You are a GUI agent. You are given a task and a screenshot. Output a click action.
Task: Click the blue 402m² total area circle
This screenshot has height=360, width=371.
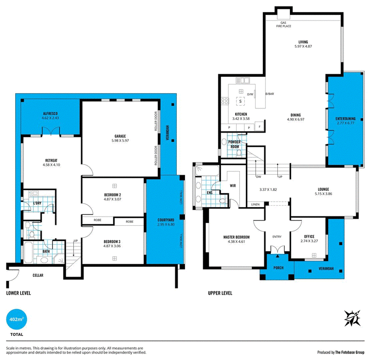click(17, 319)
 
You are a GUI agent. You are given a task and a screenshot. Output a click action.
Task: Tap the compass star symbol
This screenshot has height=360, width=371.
click(352, 318)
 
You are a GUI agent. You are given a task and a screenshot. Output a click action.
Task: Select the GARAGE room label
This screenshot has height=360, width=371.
click(120, 136)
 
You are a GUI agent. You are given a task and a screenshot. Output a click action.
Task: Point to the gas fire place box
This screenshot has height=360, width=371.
click(283, 15)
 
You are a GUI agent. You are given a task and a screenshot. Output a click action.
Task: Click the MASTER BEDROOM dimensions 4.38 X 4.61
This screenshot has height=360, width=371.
click(237, 241)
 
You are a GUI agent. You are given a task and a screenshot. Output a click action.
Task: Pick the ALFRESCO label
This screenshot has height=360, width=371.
click(50, 114)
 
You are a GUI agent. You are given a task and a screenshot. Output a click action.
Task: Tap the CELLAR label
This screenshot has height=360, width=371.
click(38, 275)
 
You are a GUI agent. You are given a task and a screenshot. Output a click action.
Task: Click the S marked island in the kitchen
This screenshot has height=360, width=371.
click(240, 101)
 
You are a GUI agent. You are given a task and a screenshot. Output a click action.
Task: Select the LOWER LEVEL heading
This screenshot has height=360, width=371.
click(19, 293)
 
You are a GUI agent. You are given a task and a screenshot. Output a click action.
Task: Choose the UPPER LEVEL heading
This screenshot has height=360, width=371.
click(220, 293)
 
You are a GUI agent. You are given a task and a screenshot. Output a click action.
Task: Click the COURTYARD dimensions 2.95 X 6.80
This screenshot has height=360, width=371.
click(166, 224)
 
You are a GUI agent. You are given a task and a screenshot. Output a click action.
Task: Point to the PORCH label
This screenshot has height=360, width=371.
click(279, 268)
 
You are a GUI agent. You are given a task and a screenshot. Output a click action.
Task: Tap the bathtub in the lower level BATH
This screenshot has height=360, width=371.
click(28, 252)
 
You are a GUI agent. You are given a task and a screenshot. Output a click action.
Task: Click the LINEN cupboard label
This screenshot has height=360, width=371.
click(256, 204)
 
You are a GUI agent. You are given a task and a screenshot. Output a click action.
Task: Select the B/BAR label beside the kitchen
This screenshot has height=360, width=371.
click(270, 94)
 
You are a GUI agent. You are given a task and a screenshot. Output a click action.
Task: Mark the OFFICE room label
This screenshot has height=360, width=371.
click(309, 237)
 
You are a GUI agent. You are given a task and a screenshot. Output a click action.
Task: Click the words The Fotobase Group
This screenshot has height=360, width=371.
click(350, 353)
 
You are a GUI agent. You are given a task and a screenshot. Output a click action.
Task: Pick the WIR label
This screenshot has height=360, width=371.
click(233, 186)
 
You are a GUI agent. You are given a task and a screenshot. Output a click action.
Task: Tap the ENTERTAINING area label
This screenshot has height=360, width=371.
click(345, 119)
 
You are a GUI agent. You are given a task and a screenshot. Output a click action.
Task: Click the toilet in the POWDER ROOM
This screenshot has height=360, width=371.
click(239, 153)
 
